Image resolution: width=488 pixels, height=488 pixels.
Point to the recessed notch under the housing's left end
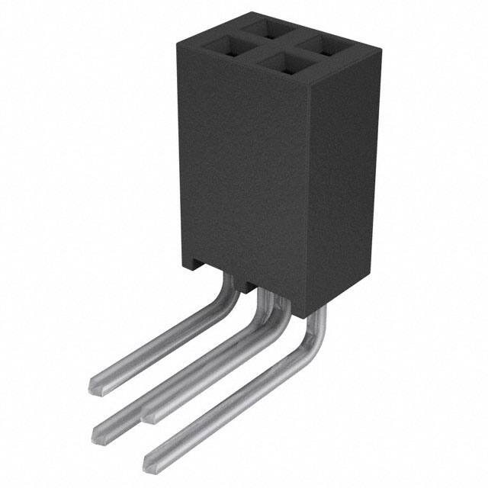(x=197, y=268)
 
